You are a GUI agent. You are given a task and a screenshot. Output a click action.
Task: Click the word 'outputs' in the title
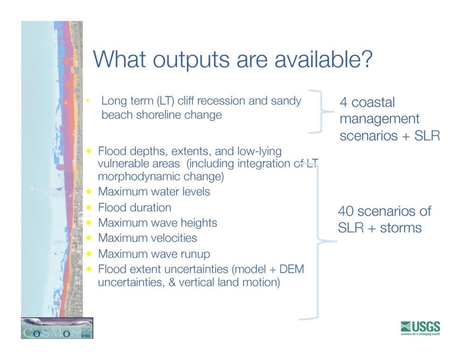click(191, 60)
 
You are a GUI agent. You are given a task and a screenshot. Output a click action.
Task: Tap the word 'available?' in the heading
click(323, 59)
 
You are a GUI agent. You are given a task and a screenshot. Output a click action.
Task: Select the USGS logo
click(420, 328)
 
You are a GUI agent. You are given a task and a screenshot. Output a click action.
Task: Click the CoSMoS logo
click(57, 328)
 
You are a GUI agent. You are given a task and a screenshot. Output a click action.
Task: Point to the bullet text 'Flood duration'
click(135, 207)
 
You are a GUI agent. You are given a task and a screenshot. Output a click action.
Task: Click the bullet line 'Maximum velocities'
click(147, 238)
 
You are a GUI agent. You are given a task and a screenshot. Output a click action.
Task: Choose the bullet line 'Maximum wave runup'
click(154, 254)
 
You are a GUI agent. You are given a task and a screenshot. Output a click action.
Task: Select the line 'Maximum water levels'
click(154, 191)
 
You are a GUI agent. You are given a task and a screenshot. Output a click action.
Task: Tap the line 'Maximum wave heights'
click(158, 223)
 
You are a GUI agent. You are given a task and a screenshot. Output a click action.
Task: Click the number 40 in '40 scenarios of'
click(346, 211)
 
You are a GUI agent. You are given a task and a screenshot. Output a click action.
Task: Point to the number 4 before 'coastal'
click(343, 102)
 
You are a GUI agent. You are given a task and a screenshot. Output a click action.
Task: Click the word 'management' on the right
click(379, 119)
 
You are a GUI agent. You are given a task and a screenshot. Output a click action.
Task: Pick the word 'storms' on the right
click(401, 228)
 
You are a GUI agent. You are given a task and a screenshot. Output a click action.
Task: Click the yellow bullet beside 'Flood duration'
click(89, 207)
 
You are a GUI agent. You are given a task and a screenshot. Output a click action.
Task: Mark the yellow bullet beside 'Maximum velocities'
click(89, 238)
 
